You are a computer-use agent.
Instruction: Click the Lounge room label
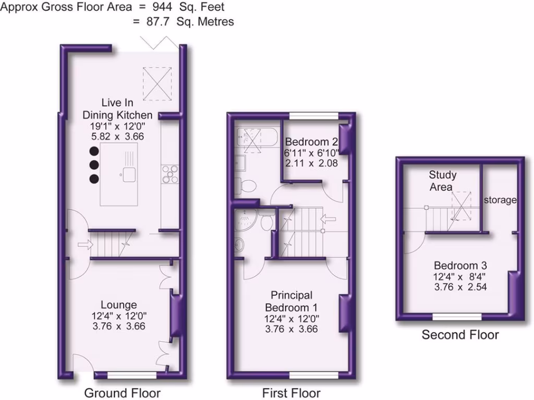[x=119, y=305]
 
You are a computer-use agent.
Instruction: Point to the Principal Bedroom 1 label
[x=292, y=301]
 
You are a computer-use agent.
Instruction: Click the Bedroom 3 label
[x=460, y=265]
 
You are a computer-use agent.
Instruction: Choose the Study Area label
[x=442, y=181]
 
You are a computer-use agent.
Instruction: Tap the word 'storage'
[x=500, y=200]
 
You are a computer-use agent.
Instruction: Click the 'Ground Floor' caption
[x=122, y=392]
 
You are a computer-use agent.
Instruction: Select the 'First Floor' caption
[x=291, y=392]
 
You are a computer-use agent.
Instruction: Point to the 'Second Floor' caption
[x=460, y=334]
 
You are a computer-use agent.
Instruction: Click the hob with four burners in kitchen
[x=171, y=174]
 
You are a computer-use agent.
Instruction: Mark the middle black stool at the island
[x=94, y=165]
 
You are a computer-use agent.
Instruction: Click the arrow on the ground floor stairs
[x=83, y=244]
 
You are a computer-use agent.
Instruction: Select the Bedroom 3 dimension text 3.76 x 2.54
[x=460, y=286]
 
